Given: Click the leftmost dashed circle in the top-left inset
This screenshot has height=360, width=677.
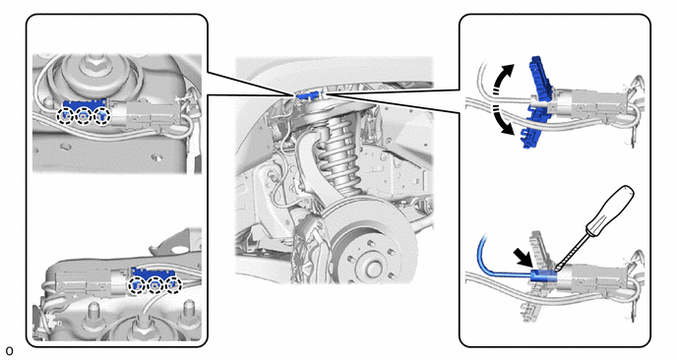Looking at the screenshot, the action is [x=66, y=116].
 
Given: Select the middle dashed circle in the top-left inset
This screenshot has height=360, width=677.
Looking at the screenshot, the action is [x=84, y=116].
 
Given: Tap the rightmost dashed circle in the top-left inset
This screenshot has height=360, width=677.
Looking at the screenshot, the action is [x=102, y=116].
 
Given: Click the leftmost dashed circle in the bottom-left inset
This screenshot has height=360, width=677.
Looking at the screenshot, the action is [x=138, y=285].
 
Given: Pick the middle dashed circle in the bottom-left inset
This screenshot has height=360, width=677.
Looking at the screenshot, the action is [x=155, y=285].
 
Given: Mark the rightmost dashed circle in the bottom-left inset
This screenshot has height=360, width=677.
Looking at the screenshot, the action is [x=173, y=285].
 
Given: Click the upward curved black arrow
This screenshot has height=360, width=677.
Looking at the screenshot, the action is [x=500, y=76].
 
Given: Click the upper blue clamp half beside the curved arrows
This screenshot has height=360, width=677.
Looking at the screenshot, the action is [x=539, y=79].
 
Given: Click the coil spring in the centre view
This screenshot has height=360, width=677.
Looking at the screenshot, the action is [x=338, y=155].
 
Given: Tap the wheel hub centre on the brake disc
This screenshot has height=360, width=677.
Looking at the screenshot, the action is [x=370, y=268].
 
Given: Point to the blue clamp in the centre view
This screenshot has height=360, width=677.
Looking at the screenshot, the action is [x=309, y=94].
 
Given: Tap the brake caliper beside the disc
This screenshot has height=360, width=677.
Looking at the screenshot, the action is [x=309, y=246].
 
